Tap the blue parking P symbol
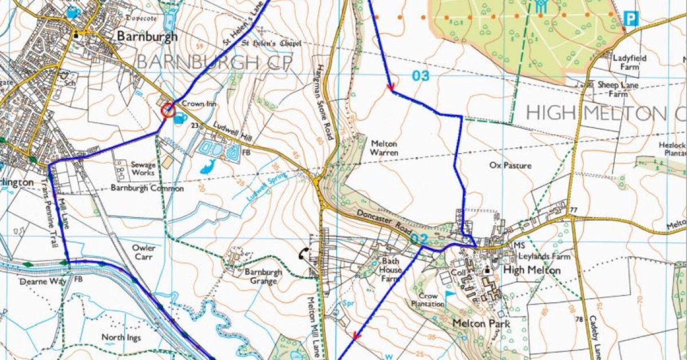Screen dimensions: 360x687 630,19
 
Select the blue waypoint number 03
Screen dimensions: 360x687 421,75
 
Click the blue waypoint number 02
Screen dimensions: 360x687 419,239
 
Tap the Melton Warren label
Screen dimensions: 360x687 384,148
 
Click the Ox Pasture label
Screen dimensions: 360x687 511,166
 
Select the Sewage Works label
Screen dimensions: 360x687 143,168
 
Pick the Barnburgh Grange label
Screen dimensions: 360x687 263,276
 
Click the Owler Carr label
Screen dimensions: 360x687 144,252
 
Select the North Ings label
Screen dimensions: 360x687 121,337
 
